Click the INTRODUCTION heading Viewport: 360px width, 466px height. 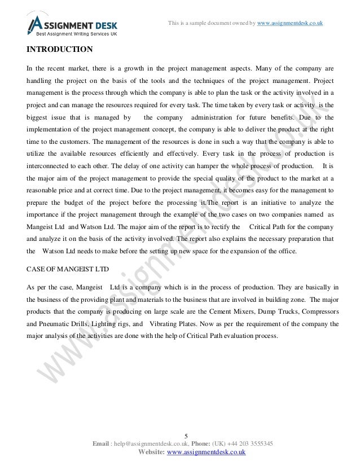tap(60, 49)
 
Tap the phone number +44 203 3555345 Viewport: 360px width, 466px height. tap(251, 443)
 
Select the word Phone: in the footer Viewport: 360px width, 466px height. tap(213, 443)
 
